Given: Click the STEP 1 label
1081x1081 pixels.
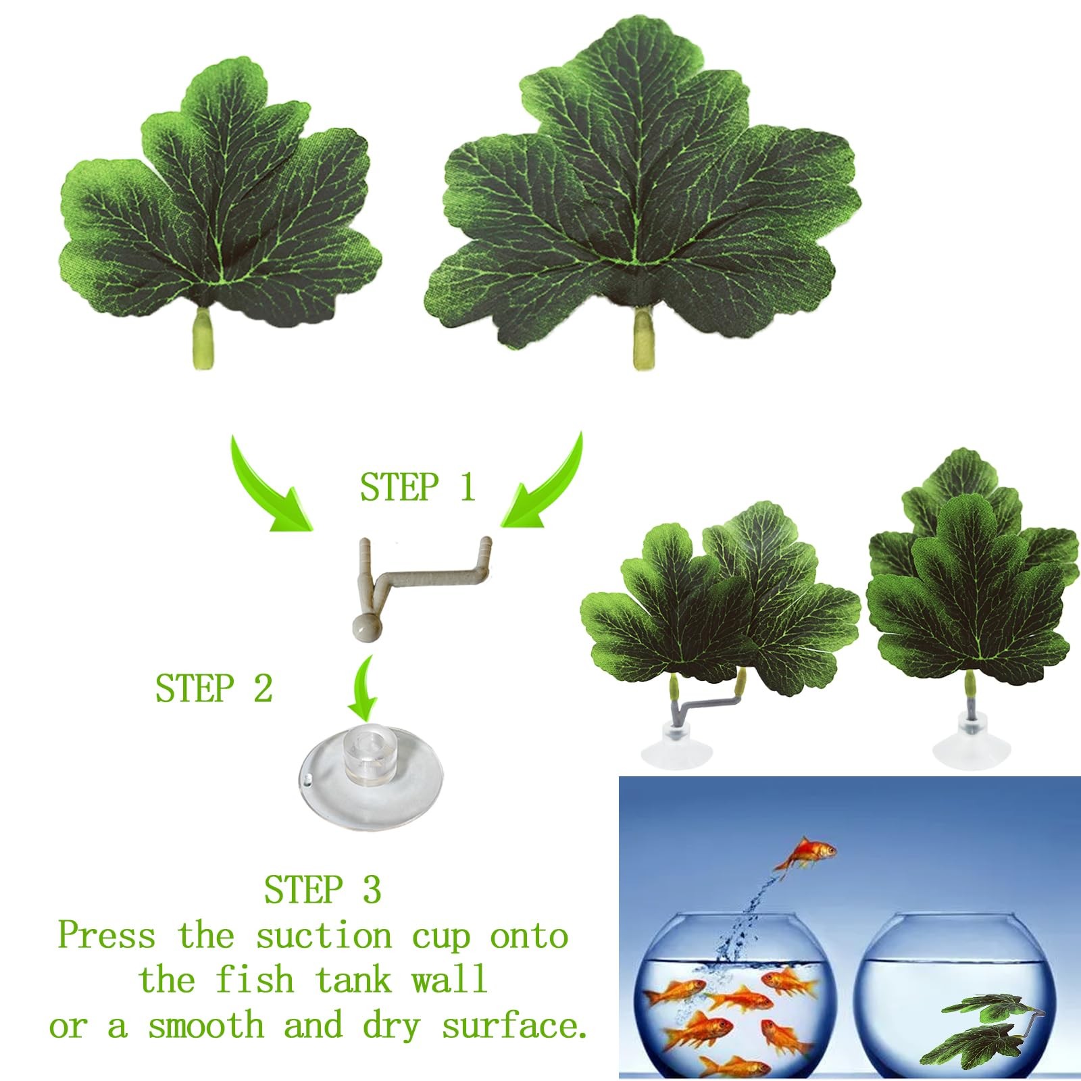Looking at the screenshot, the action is (x=418, y=487).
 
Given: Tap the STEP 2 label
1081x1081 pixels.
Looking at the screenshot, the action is (x=213, y=688).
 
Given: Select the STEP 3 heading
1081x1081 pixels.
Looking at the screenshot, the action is (x=322, y=889).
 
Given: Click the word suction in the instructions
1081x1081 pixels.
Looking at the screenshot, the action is (x=324, y=936).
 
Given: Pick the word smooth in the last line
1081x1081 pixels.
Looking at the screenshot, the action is (x=205, y=1026).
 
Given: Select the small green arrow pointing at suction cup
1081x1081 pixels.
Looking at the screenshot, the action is (x=363, y=686).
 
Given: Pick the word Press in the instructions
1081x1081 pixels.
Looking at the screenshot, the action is (x=107, y=936).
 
